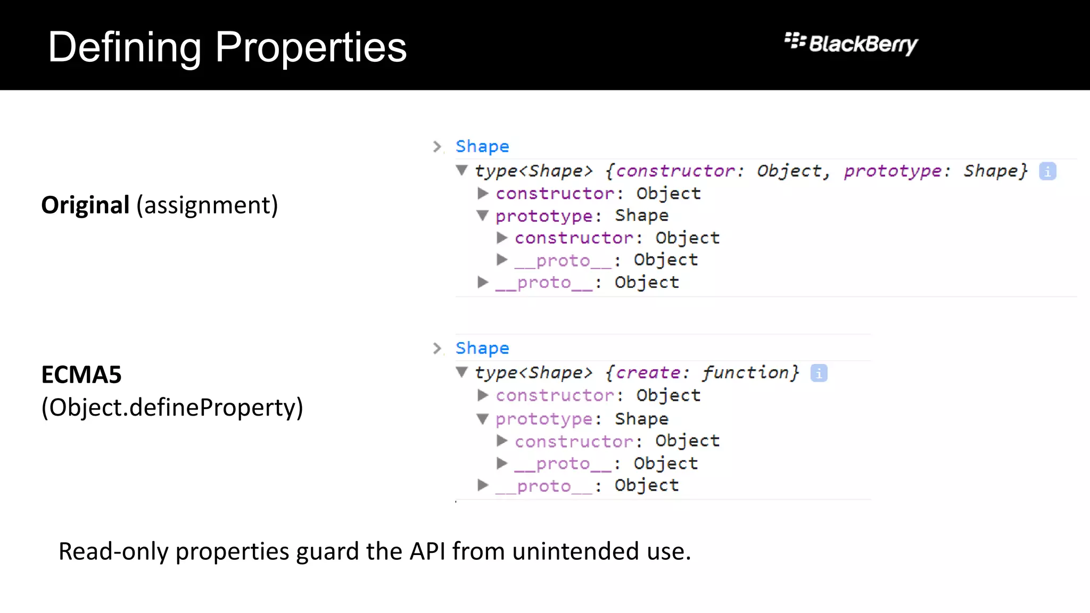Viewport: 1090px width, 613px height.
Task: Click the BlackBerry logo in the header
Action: point(851,44)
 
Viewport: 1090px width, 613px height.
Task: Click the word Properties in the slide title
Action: point(311,48)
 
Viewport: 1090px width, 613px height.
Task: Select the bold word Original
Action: point(85,205)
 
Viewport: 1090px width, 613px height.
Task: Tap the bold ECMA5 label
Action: point(81,375)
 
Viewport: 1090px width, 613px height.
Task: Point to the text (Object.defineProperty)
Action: point(172,408)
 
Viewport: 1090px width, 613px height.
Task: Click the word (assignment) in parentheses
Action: point(207,205)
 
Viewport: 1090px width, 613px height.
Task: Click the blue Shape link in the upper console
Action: point(482,146)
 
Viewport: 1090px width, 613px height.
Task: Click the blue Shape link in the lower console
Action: point(482,348)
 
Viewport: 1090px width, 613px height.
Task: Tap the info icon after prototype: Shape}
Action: point(1047,171)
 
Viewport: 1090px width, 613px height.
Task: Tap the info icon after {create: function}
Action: point(819,373)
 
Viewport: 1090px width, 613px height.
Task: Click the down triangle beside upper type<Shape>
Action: point(462,170)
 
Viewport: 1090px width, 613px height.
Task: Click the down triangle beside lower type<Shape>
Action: point(462,372)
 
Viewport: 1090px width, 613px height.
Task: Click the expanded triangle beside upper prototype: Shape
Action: point(483,216)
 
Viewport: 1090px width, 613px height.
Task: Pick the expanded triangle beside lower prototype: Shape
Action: point(483,419)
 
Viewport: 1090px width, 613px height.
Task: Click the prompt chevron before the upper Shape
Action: point(437,146)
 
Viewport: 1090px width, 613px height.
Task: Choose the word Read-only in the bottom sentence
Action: point(113,551)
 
